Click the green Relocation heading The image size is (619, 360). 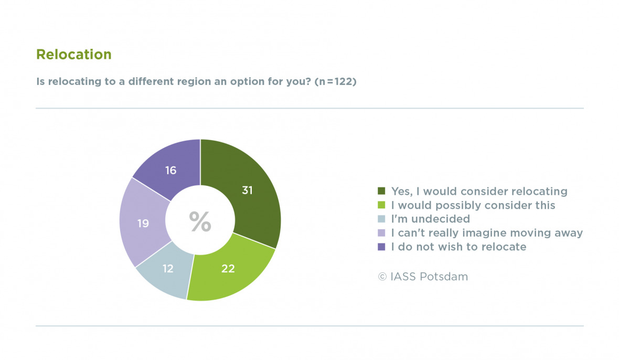(x=73, y=55)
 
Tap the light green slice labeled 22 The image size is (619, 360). (x=228, y=269)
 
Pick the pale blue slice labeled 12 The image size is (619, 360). (x=168, y=269)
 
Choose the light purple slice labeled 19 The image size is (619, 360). (x=143, y=224)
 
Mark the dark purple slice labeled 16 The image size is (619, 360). (x=170, y=170)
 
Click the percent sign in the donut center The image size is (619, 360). (x=200, y=222)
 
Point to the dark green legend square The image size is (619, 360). (x=381, y=190)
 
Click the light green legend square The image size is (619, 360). (x=381, y=205)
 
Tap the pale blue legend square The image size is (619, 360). (x=381, y=219)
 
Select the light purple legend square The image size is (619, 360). (x=381, y=233)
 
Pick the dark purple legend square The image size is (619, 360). (x=381, y=247)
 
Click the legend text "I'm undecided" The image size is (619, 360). (x=431, y=219)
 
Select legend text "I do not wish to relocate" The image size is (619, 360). (x=458, y=247)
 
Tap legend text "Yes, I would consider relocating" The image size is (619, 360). (x=479, y=190)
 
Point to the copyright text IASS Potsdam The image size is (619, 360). (x=423, y=277)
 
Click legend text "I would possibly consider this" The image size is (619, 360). (x=473, y=205)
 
